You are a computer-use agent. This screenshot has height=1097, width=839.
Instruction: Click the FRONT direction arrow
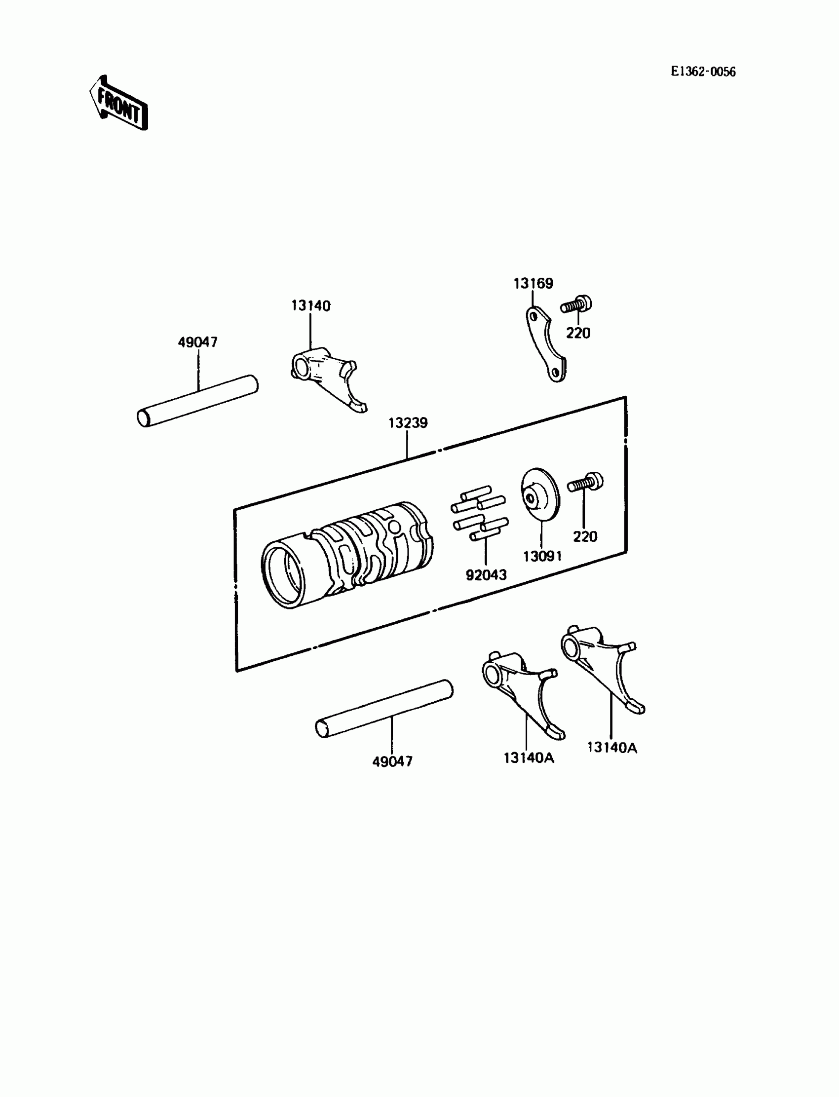pos(119,104)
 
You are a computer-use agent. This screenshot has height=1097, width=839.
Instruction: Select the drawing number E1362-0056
pos(703,72)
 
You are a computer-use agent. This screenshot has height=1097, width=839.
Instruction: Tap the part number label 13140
pos(310,305)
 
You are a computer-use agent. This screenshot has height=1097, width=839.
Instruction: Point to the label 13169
pos(534,284)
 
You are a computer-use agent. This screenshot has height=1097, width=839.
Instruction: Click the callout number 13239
pos(408,423)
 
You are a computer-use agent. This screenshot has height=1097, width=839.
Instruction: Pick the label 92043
pos(486,575)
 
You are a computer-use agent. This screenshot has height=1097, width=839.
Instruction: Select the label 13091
pos(542,556)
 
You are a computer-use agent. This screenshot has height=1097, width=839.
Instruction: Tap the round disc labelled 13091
pos(540,494)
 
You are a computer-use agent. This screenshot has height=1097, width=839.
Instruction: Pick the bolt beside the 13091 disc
pos(585,483)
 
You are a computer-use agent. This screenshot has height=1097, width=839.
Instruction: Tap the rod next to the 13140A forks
pos(384,709)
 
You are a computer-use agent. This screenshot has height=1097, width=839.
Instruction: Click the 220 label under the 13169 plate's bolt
pos(578,333)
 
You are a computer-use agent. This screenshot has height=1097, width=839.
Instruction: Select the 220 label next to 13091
pos(585,537)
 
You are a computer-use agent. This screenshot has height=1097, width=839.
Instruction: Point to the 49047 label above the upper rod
pos(198,342)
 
